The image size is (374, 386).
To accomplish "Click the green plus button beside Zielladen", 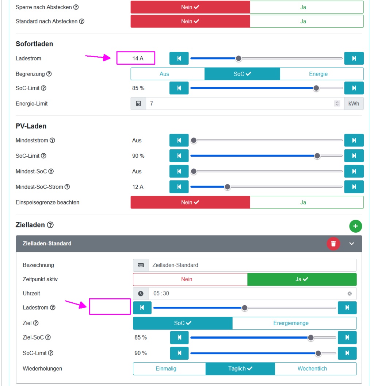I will [355, 226].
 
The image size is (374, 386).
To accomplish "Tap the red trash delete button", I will [333, 244].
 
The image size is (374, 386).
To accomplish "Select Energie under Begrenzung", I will [318, 74].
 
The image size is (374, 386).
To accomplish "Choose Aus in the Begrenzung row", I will [164, 74].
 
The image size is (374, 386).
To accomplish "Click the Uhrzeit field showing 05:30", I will [245, 294].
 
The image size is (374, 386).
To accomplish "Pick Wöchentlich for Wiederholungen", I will [312, 369].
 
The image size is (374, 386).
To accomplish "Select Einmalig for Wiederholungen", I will [166, 369].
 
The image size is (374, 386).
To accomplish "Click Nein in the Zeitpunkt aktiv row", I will [187, 279].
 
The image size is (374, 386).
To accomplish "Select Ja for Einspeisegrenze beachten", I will [303, 202].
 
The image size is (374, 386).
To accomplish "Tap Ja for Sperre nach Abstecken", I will [303, 7].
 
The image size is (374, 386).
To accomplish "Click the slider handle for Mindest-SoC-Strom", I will [228, 187].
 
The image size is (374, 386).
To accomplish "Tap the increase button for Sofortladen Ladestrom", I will [354, 58].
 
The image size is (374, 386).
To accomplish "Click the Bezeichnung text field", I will [252, 265].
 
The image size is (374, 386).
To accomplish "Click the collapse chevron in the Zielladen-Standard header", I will [352, 244].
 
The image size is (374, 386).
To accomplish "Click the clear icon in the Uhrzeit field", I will [350, 294].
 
